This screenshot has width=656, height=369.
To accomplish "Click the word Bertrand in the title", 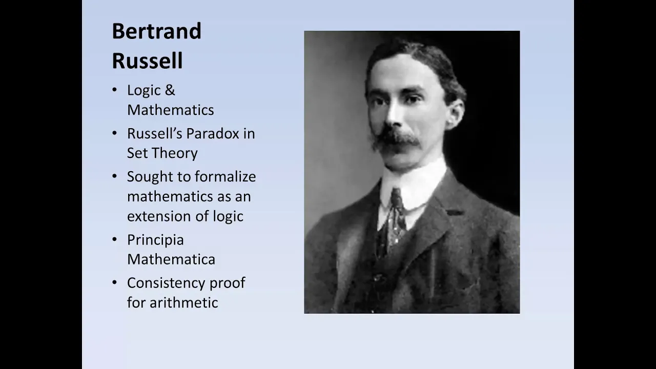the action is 157,31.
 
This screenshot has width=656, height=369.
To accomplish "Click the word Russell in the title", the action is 147,60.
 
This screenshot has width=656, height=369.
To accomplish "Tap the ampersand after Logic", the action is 170,90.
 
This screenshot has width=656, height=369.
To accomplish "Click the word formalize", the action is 225,177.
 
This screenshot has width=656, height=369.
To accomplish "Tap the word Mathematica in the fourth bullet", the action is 171,259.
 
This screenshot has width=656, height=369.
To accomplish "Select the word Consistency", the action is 166,283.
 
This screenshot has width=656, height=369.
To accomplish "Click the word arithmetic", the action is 184,302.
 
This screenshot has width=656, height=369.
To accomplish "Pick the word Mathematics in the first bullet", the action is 171,110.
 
